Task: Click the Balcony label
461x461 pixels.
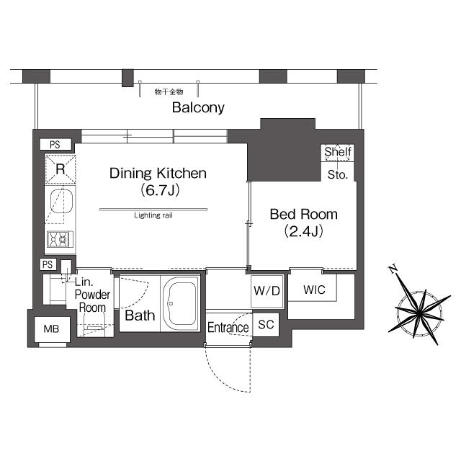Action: [x=198, y=108]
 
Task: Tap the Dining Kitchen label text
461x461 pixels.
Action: [x=158, y=174]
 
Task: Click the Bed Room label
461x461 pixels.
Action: [x=303, y=215]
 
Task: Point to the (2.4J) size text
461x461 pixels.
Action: [x=303, y=231]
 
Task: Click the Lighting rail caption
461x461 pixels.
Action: [x=153, y=215]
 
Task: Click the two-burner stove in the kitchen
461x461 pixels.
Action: [x=60, y=238]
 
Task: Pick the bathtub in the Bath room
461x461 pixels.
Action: [x=183, y=303]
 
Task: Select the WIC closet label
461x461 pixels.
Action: [x=314, y=290]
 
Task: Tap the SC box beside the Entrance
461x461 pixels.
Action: [x=266, y=325]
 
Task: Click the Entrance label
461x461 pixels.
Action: [x=228, y=328]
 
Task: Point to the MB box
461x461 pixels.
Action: [x=51, y=329]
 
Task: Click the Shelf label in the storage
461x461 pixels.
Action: [x=338, y=152]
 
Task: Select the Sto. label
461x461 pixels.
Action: [x=338, y=174]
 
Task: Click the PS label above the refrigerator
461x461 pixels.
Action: [x=55, y=145]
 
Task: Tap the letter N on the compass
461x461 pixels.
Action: [x=393, y=270]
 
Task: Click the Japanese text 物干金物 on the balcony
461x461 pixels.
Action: [x=169, y=92]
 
